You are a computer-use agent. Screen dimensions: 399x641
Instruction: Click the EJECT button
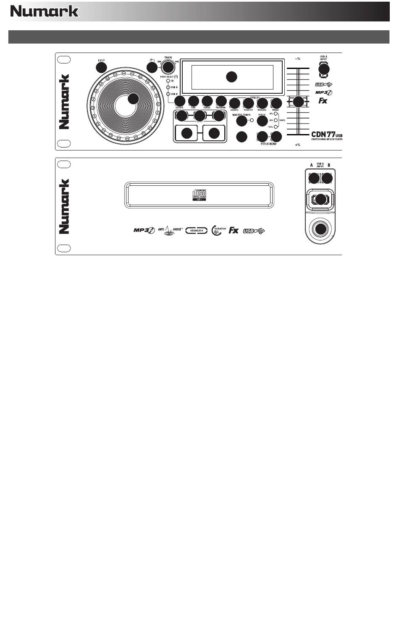(101, 67)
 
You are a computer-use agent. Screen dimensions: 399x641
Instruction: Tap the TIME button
(193, 101)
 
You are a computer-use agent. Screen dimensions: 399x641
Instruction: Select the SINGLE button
(207, 101)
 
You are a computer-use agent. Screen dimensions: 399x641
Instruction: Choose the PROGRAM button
(221, 101)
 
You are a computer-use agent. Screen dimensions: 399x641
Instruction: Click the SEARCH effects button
(234, 103)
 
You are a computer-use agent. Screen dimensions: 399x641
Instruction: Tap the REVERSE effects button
(262, 103)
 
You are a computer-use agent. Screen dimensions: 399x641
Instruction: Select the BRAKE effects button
(276, 103)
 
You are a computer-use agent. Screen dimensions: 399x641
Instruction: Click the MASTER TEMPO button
(241, 121)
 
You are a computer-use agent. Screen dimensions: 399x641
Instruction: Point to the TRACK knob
(168, 66)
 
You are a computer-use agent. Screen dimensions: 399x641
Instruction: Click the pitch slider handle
(298, 102)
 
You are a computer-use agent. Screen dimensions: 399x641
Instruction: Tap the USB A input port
(323, 69)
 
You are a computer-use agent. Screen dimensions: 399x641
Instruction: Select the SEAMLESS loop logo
(197, 231)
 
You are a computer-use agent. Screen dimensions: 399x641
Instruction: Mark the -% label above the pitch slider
(297, 58)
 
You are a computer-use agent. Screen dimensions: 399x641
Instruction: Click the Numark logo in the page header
(45, 11)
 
